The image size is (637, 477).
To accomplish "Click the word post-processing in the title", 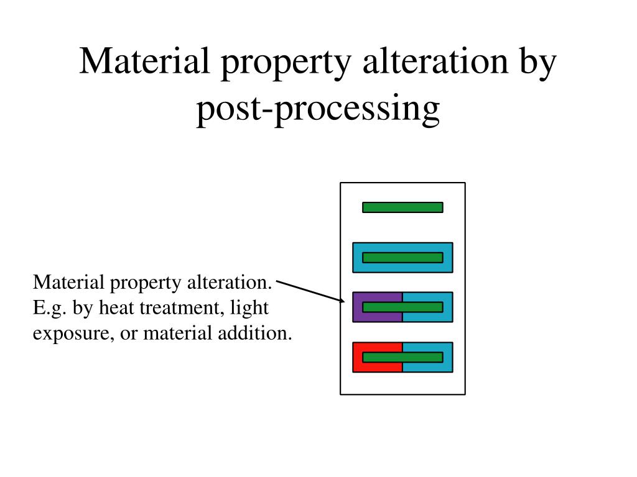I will click(x=318, y=109).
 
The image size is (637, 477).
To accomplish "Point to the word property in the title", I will click(x=274, y=65).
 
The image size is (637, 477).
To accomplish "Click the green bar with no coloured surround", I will click(x=402, y=207).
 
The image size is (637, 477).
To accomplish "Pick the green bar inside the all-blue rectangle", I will click(x=402, y=257).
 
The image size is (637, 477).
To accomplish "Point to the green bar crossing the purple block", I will click(x=402, y=307).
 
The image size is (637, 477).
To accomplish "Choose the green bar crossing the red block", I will click(x=402, y=357).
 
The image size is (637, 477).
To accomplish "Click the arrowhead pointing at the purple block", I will click(x=342, y=301).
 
